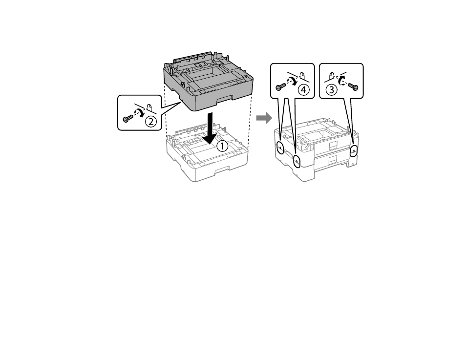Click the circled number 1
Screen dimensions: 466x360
[x=222, y=146]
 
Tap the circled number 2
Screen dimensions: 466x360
[x=150, y=121]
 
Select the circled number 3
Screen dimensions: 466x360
[x=332, y=89]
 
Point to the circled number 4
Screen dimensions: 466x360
[x=304, y=89]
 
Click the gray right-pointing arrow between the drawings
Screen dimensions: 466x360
[x=264, y=118]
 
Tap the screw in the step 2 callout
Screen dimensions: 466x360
[x=128, y=118]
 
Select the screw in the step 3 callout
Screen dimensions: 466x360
[x=353, y=87]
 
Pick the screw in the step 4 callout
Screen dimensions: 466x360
[x=280, y=86]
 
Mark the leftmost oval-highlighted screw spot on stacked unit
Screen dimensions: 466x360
[x=280, y=148]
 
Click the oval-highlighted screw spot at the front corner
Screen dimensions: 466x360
[x=297, y=161]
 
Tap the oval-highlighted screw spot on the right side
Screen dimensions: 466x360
[x=353, y=151]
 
